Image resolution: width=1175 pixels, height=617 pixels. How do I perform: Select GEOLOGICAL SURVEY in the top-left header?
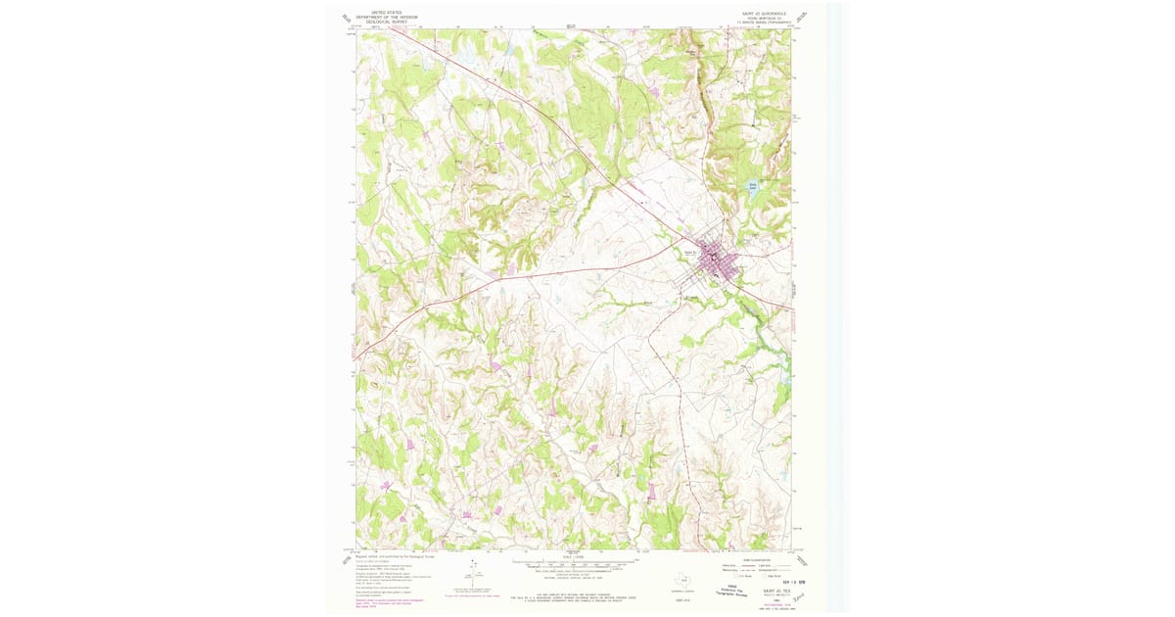point(386,23)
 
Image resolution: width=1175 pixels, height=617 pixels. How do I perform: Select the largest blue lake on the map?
point(753,187)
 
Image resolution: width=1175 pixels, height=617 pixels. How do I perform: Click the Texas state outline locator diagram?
point(684,579)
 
